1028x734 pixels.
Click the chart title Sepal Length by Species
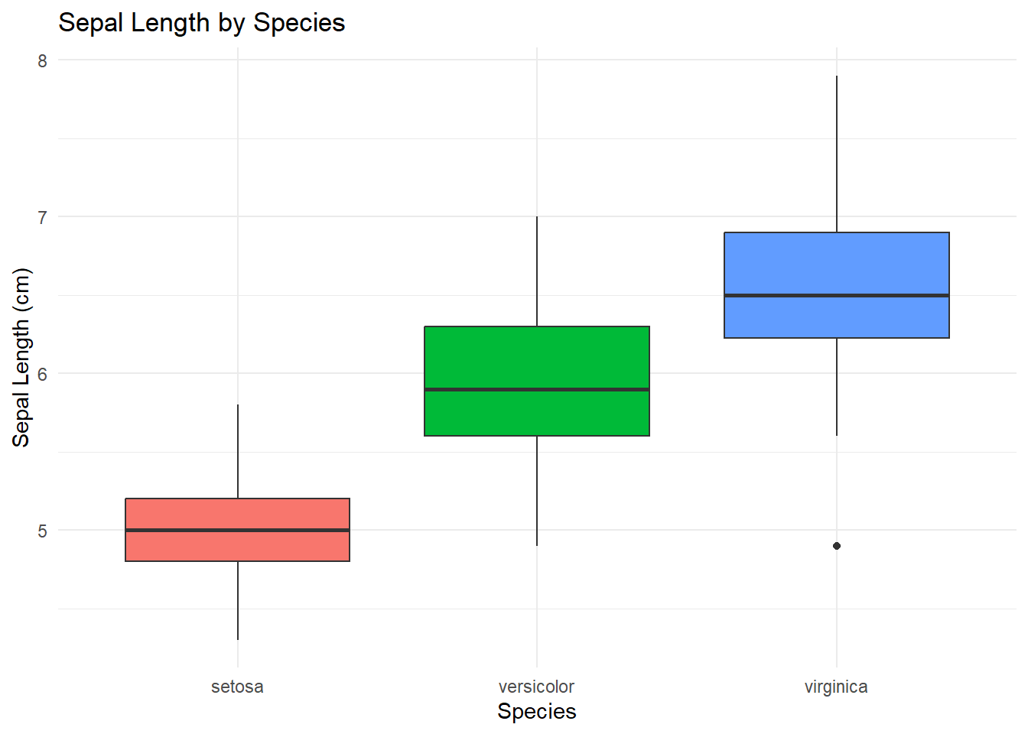(201, 23)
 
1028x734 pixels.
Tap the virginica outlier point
(837, 546)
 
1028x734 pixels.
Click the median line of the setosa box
(237, 530)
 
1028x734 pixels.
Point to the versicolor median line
(537, 389)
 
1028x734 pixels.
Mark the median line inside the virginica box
(836, 295)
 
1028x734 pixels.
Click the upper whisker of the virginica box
(837, 153)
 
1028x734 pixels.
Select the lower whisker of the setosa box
(238, 600)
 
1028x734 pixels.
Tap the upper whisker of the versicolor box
(537, 271)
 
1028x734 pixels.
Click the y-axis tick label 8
(43, 60)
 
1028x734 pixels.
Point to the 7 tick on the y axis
(43, 217)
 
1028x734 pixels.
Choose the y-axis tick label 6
(43, 374)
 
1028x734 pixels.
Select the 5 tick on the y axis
(43, 531)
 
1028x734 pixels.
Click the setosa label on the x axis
(237, 687)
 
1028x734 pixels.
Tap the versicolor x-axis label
(536, 687)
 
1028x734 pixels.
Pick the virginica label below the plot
(836, 687)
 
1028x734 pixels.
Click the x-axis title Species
(536, 711)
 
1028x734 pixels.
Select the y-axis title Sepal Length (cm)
(21, 358)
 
